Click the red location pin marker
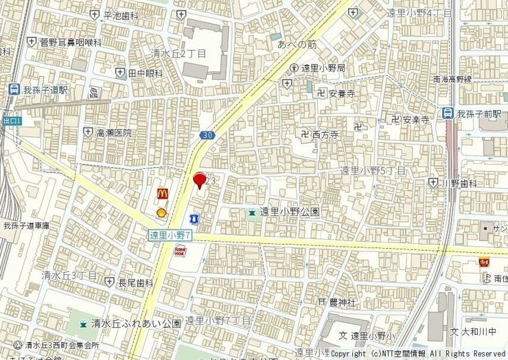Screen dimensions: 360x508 200,180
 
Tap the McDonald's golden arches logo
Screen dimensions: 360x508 163,195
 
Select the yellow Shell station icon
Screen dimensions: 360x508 162,212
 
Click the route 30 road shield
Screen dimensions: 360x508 207,136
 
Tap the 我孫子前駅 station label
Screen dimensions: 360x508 480,113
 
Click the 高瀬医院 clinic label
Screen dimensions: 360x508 113,132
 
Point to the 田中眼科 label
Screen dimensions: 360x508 145,74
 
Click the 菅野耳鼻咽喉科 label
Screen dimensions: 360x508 70,43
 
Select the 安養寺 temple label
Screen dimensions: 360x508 340,94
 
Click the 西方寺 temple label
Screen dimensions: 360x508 325,135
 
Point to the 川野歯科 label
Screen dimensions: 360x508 459,183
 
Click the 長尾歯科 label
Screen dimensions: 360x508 135,282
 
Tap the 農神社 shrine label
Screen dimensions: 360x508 342,302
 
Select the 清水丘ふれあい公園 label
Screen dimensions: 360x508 138,323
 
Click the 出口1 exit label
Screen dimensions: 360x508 12,121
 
